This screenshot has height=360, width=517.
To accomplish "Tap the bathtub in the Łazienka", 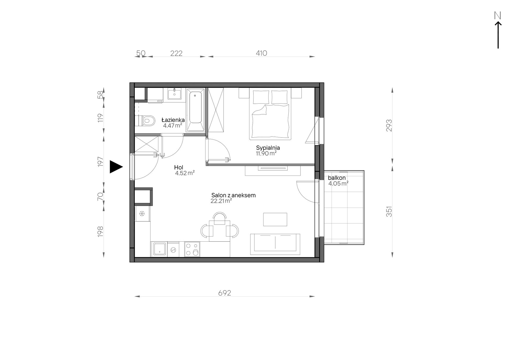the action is pos(196,110).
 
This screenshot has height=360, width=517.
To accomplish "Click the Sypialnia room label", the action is pos(268,148).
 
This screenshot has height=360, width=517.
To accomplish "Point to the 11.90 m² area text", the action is pos(266,153).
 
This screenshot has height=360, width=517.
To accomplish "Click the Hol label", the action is pos(179,168).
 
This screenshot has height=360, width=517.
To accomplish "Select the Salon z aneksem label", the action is pos(233,195).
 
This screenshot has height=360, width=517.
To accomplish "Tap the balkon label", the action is pos(337,178).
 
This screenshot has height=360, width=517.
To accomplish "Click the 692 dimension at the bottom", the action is pos(224,293).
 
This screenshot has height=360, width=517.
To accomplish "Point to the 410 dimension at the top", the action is pos(261,53).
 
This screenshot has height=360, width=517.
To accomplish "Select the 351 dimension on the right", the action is pos(389,211).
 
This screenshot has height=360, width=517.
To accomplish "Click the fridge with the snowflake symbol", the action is pos(142,214).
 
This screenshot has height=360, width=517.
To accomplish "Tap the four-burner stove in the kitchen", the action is pos(192,249).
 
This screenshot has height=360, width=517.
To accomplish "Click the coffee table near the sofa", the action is pos(275,220).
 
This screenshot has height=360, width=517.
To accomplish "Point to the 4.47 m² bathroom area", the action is pos(173,126).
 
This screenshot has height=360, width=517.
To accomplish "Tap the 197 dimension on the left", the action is pos(101,162).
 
